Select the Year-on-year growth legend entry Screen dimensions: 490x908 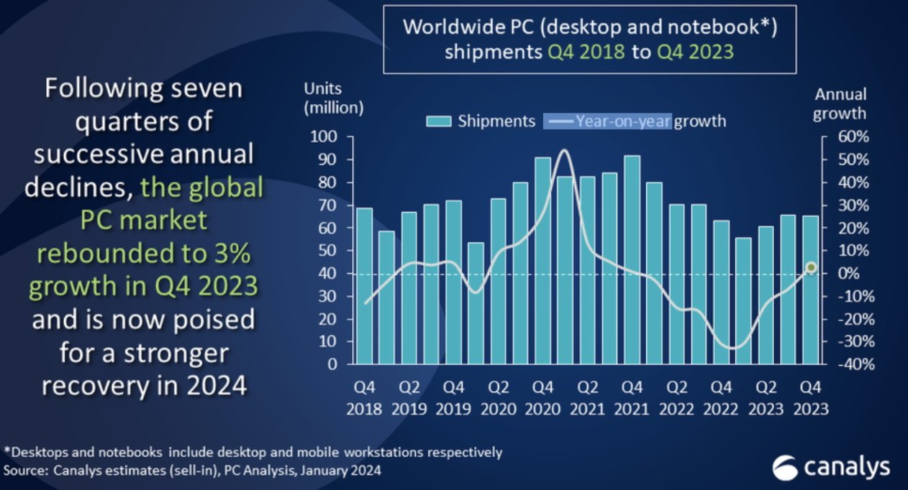point(635,121)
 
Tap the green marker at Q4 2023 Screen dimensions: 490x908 point(811,267)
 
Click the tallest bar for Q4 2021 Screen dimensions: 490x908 point(632,259)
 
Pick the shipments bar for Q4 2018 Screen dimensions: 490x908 point(365,285)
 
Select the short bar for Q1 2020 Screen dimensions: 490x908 point(476,302)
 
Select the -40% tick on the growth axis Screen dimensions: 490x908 point(855,364)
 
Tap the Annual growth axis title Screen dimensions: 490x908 point(840,103)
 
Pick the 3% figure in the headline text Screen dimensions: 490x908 point(240,253)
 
